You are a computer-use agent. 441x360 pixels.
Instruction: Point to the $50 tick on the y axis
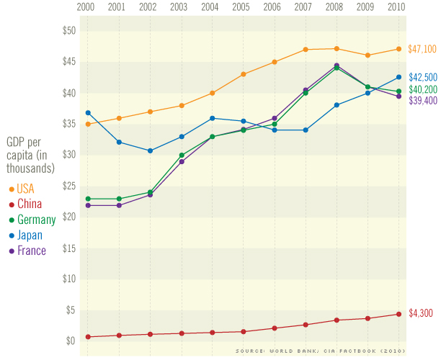point(69,31)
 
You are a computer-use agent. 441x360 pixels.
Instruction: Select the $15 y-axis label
point(69,248)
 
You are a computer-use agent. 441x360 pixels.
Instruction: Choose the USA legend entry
point(24,189)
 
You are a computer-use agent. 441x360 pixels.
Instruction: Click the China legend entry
point(28,204)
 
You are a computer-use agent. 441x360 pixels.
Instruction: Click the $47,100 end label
point(422,49)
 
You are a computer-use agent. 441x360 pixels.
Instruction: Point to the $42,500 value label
point(422,77)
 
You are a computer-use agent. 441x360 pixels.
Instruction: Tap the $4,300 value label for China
point(420,314)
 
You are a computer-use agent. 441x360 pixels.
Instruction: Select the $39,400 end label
point(422,100)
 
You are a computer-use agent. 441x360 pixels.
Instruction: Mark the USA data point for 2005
point(244,74)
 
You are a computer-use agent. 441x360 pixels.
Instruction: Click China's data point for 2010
point(398,314)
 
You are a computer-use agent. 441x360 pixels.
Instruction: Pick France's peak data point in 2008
point(337,66)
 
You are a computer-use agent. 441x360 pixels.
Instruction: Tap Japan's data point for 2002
point(150,150)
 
